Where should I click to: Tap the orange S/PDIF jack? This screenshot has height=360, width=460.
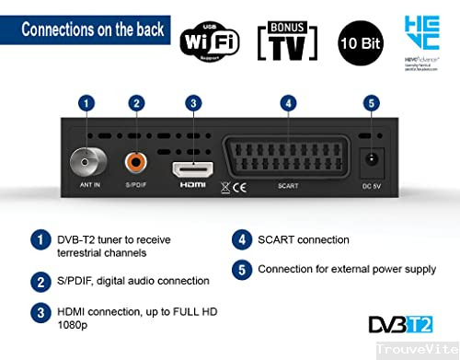click(x=137, y=164)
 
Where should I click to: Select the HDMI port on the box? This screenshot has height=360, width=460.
click(x=192, y=170)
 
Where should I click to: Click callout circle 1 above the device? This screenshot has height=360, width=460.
click(x=86, y=103)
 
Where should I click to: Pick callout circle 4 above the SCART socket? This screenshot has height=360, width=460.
click(x=288, y=103)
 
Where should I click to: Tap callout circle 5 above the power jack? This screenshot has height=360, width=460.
click(x=370, y=103)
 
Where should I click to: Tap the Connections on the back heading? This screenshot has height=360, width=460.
click(x=93, y=29)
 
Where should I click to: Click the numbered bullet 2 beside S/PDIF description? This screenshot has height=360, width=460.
click(x=40, y=280)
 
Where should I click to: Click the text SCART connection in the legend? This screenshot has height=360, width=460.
click(x=304, y=240)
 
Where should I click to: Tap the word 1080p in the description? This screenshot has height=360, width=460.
click(x=72, y=325)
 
